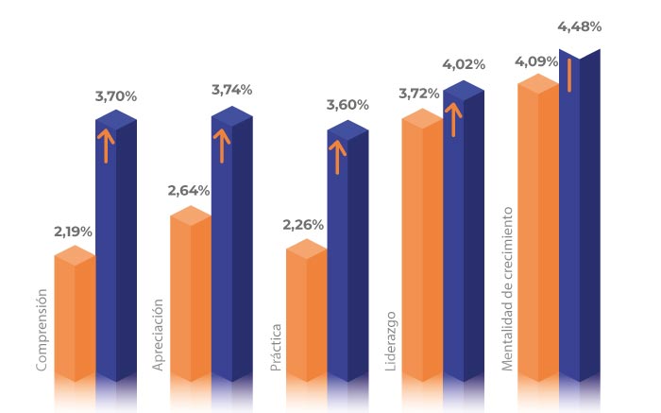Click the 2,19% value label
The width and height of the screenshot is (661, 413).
pyautogui.click(x=73, y=232)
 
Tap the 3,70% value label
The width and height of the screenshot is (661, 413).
pyautogui.click(x=116, y=96)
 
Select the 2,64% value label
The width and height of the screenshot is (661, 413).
pyautogui.click(x=189, y=191)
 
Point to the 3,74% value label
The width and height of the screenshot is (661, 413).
pyautogui.click(x=232, y=90)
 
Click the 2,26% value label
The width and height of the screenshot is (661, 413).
pyautogui.click(x=303, y=225)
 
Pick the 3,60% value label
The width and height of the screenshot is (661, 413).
pyautogui.click(x=347, y=105)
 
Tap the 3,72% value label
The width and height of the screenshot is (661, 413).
pyautogui.click(x=419, y=94)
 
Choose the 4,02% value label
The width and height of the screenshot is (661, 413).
pyautogui.click(x=464, y=64)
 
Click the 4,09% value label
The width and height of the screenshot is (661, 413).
pyautogui.click(x=536, y=61)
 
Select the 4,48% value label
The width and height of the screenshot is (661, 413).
pyautogui.click(x=580, y=26)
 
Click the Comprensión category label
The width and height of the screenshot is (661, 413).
pyautogui.click(x=42, y=330)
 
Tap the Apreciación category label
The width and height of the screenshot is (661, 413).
pyautogui.click(x=158, y=335)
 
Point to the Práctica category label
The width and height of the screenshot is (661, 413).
pyautogui.click(x=276, y=347)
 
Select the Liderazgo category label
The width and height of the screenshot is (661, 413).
pyautogui.click(x=391, y=341)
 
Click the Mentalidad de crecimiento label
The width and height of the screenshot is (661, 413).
pyautogui.click(x=507, y=289)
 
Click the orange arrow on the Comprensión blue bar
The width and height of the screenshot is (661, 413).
pyautogui.click(x=106, y=146)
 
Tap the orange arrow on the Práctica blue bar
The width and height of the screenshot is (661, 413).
pyautogui.click(x=337, y=157)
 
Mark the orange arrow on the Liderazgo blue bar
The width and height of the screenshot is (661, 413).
pyautogui.click(x=453, y=120)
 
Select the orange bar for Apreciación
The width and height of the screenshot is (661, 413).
pyautogui.click(x=191, y=294)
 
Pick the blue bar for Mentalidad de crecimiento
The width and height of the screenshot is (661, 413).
pyautogui.click(x=580, y=215)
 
